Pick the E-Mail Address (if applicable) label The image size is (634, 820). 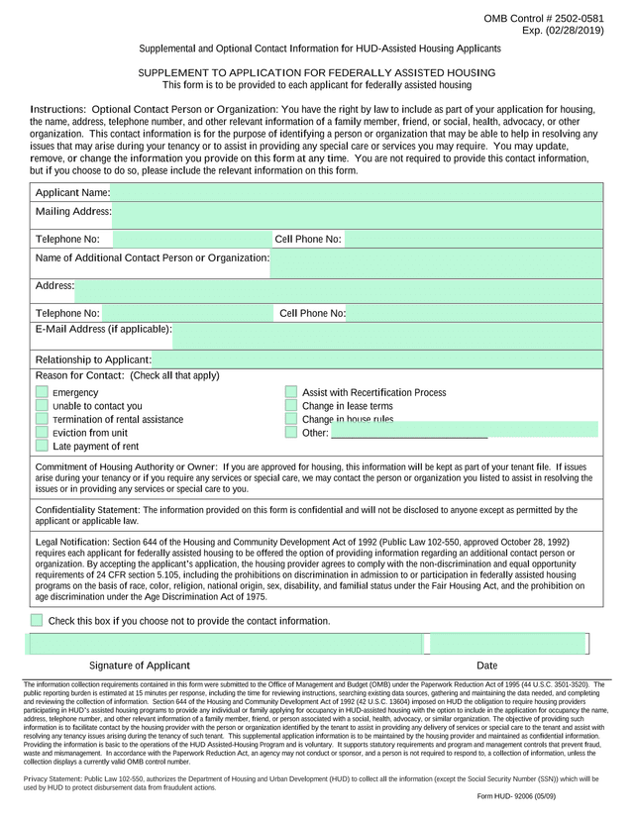tap(104, 329)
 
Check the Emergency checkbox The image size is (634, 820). tap(42, 393)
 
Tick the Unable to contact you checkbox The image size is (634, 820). tap(42, 406)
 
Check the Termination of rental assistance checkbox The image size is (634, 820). tap(42, 419)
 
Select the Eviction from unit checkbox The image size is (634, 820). tap(42, 433)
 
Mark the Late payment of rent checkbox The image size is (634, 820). tap(42, 446)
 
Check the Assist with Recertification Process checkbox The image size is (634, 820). tap(291, 393)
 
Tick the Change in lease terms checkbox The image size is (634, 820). tap(291, 406)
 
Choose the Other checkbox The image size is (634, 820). tap(291, 433)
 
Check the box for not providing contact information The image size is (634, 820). tap(37, 620)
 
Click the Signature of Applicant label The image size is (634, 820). tap(139, 666)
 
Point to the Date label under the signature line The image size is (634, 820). tap(486, 666)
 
